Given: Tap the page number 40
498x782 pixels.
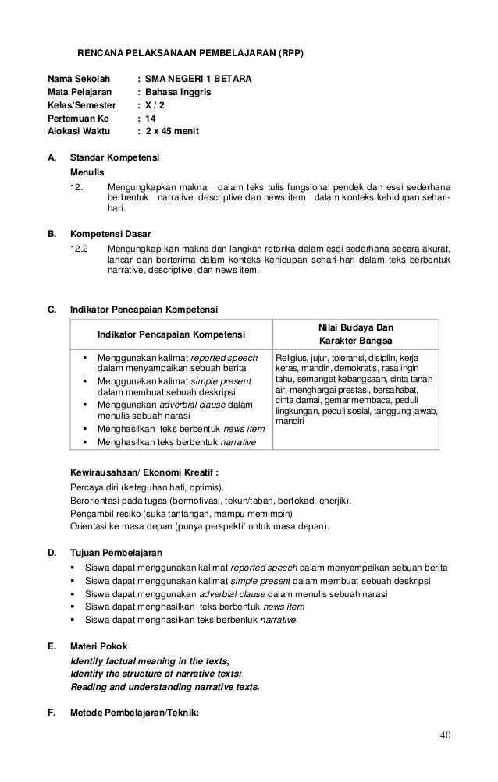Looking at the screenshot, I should pyautogui.click(x=445, y=734).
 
